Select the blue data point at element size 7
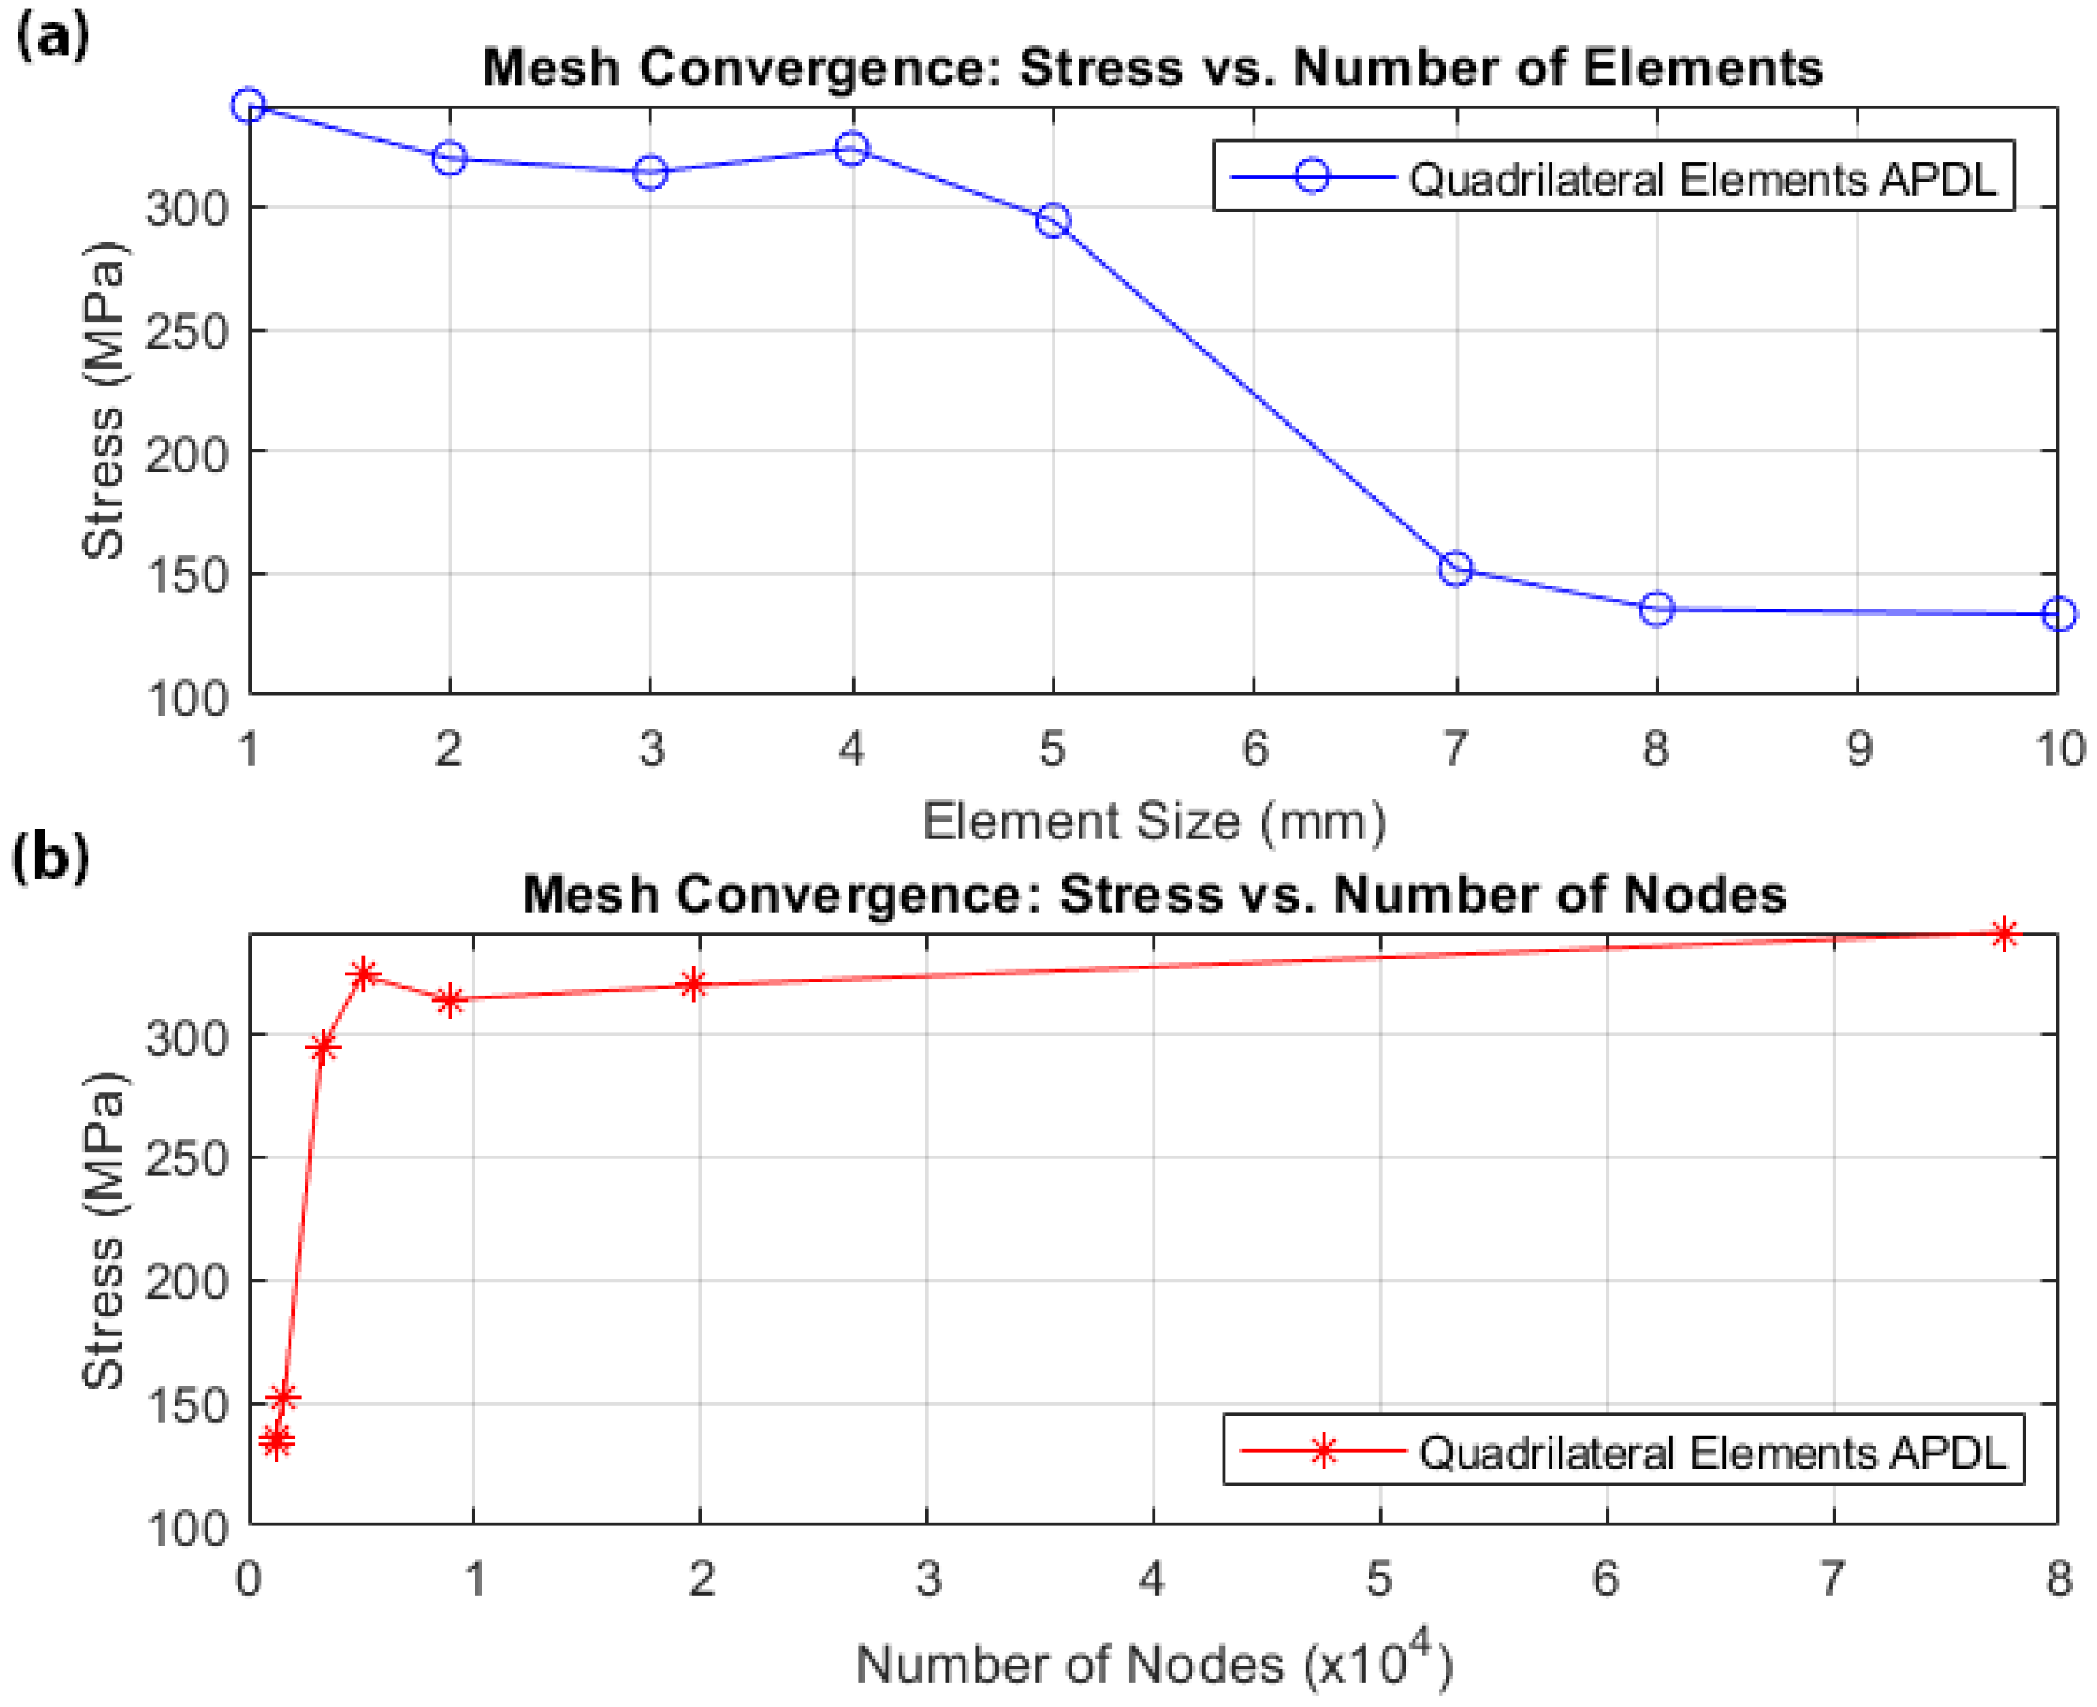point(1455,568)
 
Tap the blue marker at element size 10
point(2058,615)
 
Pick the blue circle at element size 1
point(249,106)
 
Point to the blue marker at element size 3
point(650,173)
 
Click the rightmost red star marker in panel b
point(2003,934)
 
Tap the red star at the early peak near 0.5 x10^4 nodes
point(363,975)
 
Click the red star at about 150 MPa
point(283,1397)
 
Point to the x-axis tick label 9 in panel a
point(1857,749)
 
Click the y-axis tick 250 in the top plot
point(186,331)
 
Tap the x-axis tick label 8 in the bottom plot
point(2059,1579)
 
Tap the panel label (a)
point(51,37)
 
